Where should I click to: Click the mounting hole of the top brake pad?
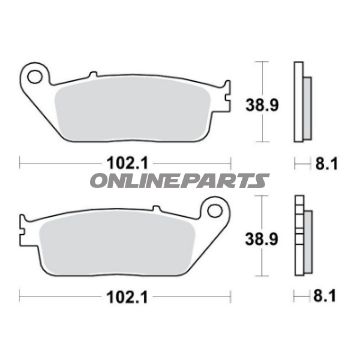(34, 77)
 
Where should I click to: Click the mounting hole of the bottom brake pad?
(214, 211)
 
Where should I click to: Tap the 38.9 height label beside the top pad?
(262, 105)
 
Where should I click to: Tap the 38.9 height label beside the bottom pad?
(262, 239)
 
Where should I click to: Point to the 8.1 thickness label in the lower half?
(325, 296)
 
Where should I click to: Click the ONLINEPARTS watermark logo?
(180, 181)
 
